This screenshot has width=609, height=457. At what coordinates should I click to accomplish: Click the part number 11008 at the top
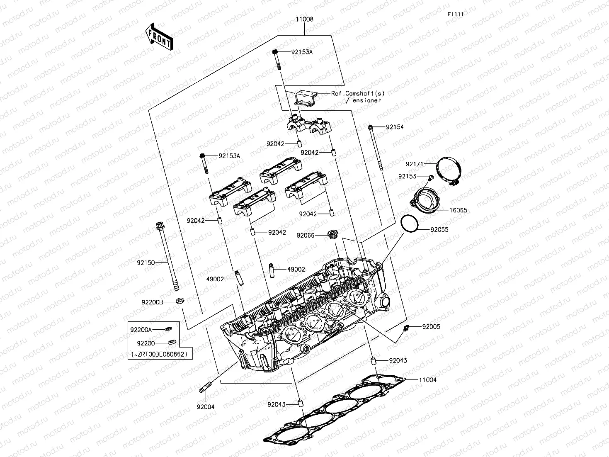[304, 19]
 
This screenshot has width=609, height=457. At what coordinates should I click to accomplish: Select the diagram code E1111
[455, 14]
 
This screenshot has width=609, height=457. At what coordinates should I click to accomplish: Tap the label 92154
[394, 127]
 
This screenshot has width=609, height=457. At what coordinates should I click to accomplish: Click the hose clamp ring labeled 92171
[449, 170]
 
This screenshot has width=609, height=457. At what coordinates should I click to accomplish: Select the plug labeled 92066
[332, 234]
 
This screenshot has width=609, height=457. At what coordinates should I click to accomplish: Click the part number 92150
[146, 263]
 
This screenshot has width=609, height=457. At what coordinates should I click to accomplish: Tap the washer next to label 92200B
[180, 300]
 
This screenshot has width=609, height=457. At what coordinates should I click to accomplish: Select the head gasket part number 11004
[427, 380]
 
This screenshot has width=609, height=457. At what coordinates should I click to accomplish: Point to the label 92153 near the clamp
[407, 176]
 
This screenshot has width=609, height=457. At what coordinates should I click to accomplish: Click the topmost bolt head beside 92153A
[275, 52]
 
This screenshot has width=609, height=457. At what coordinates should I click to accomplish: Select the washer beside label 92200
[171, 343]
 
